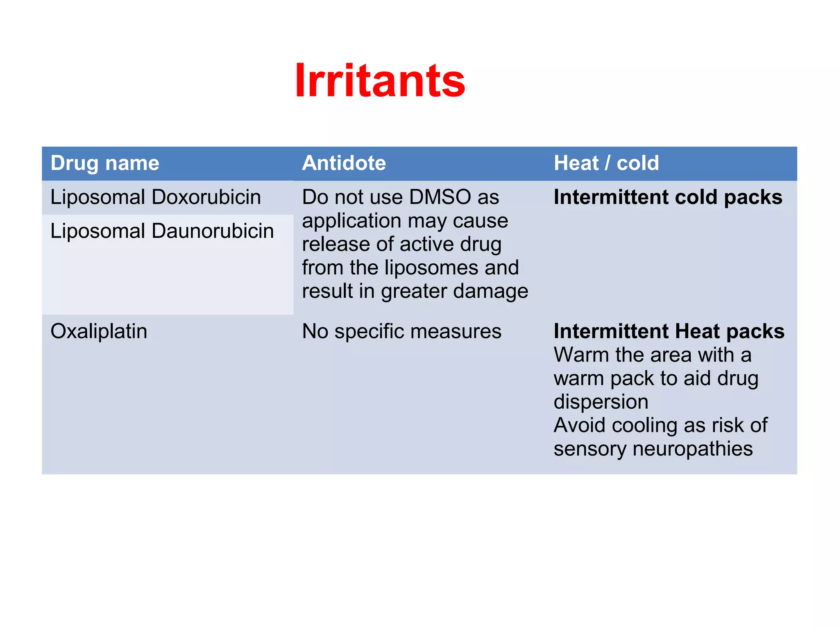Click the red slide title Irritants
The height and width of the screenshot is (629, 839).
[x=380, y=81]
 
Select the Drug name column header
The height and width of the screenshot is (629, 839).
[x=104, y=163]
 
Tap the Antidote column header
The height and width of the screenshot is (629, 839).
[x=344, y=163]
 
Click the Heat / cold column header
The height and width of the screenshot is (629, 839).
[x=606, y=163]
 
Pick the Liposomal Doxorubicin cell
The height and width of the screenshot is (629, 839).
[x=155, y=197]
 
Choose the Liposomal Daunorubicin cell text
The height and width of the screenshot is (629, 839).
[x=162, y=231]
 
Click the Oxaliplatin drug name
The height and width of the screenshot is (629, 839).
[x=99, y=331]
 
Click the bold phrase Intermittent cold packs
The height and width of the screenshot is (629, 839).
[x=668, y=197]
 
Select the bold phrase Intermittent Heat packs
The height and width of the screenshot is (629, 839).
[x=669, y=331]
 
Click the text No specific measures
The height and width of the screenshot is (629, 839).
[x=401, y=331]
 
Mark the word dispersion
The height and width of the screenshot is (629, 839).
[x=601, y=402]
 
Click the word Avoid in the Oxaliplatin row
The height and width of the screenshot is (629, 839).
[x=579, y=425]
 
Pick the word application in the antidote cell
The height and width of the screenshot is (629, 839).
[x=351, y=222]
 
